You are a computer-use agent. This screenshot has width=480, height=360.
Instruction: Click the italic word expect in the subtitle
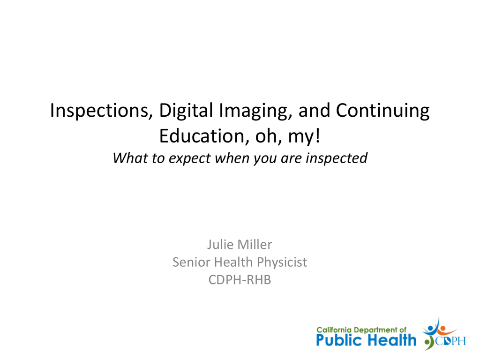pos(189,158)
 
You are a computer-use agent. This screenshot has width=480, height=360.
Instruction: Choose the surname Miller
pos(255,245)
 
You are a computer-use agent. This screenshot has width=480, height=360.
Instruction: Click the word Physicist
pos(282,262)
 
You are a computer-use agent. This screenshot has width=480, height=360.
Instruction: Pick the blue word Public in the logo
pos(339,340)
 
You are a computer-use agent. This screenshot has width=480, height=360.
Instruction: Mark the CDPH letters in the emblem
pos(450,341)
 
